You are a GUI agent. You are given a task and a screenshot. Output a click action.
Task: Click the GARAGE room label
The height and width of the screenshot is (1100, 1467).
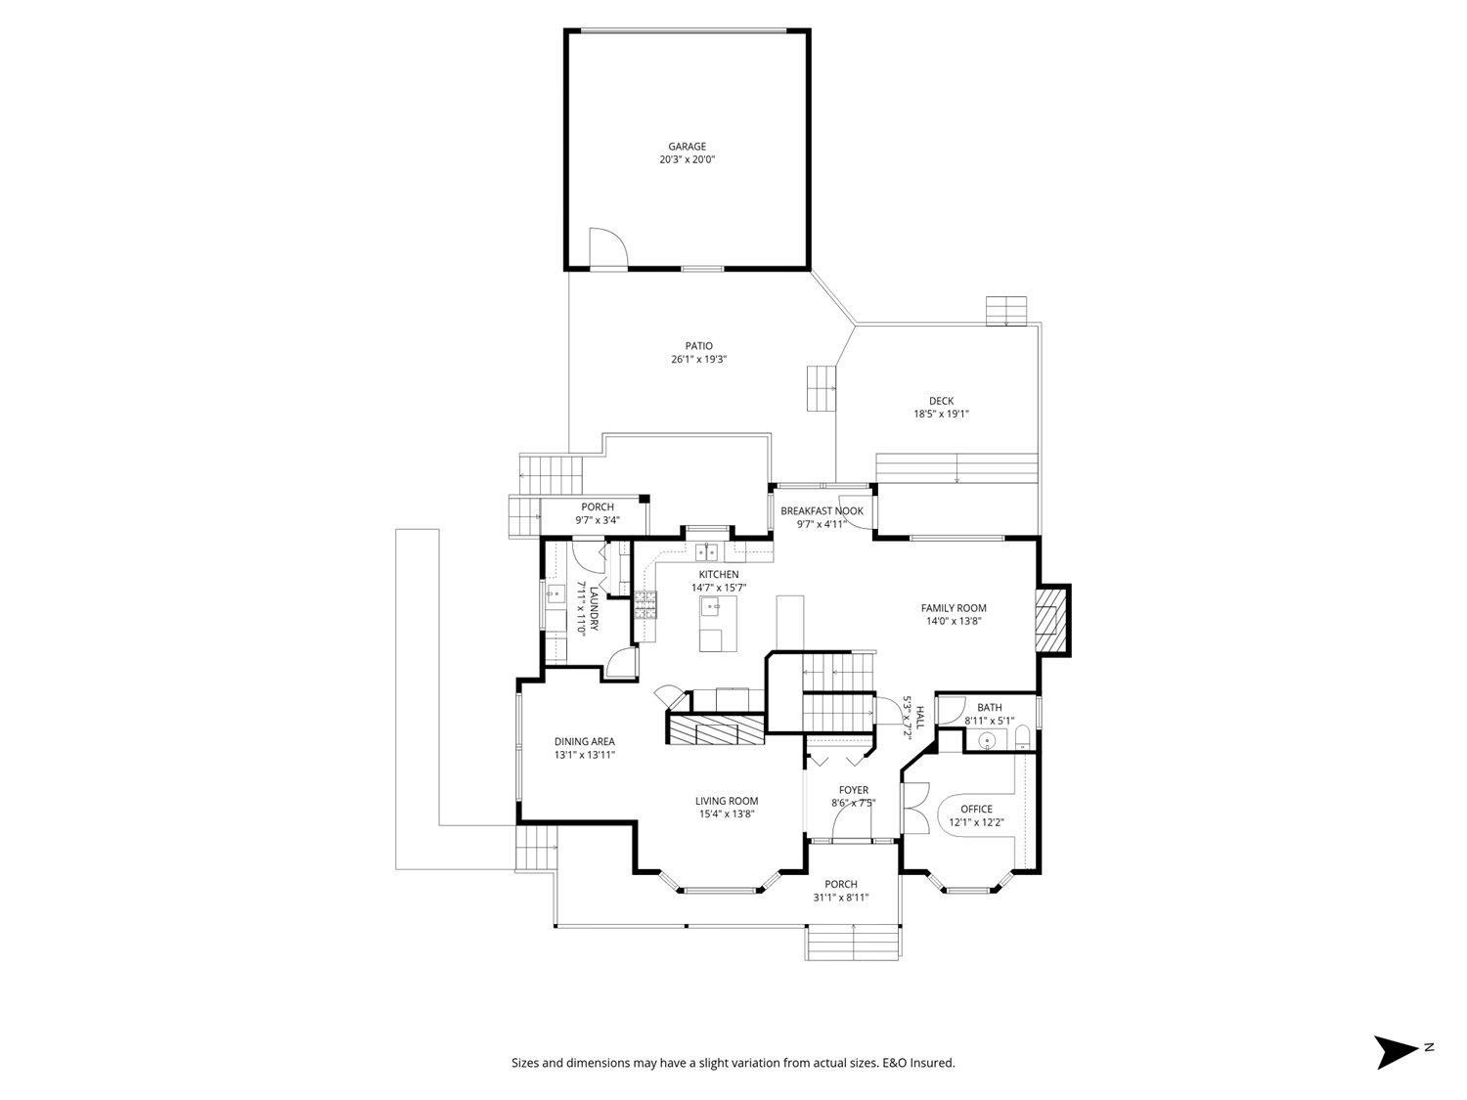687,147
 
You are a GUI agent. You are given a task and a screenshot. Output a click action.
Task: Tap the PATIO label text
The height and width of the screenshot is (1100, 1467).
698,346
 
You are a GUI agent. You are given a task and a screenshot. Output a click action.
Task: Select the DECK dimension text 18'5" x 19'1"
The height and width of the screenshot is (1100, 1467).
941,414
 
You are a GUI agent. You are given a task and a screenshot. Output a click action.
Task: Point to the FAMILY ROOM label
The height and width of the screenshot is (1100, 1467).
954,608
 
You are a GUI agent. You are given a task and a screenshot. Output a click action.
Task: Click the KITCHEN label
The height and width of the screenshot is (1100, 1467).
719,574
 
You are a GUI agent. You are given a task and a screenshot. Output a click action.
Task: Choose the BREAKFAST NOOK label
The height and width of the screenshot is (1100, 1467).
822,511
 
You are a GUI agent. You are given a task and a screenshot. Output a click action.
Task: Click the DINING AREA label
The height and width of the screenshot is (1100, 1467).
585,742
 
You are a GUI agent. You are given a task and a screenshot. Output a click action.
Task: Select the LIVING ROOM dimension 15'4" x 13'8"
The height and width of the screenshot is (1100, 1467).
727,814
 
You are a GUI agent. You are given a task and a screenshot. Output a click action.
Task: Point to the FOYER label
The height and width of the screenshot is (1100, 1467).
854,790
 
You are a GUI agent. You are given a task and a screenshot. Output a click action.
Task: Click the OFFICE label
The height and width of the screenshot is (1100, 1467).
976,809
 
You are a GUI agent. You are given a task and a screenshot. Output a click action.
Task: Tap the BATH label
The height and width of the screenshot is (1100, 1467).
990,708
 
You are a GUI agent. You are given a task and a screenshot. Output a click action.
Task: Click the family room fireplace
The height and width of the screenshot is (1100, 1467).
1052,620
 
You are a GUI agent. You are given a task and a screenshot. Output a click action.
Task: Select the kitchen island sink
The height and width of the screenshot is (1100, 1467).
714,607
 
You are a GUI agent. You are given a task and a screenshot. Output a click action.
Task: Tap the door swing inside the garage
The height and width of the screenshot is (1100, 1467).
606,246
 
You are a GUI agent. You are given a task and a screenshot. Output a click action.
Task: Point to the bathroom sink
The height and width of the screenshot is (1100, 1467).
988,740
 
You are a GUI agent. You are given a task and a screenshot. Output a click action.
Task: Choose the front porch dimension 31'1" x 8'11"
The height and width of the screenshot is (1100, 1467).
841,898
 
